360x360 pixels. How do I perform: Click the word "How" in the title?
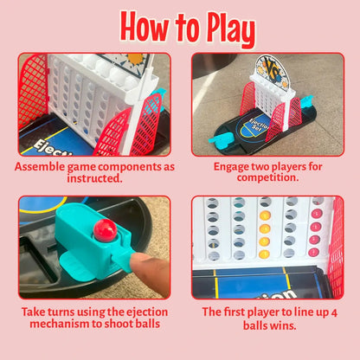[x=145, y=28]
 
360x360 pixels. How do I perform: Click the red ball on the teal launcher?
[x=105, y=230]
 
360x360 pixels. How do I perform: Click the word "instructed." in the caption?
[x=95, y=178]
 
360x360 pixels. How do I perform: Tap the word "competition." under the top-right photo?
[x=267, y=177]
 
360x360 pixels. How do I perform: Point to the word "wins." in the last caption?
[x=283, y=325]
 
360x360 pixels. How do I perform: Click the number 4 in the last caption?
[x=334, y=313]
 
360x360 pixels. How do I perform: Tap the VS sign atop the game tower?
[x=273, y=70]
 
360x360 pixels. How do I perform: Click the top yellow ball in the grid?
[x=265, y=215]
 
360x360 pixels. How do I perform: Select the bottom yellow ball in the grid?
[x=264, y=254]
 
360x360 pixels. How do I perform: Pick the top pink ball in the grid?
[x=317, y=214]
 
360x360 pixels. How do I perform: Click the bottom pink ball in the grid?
[x=313, y=253]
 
